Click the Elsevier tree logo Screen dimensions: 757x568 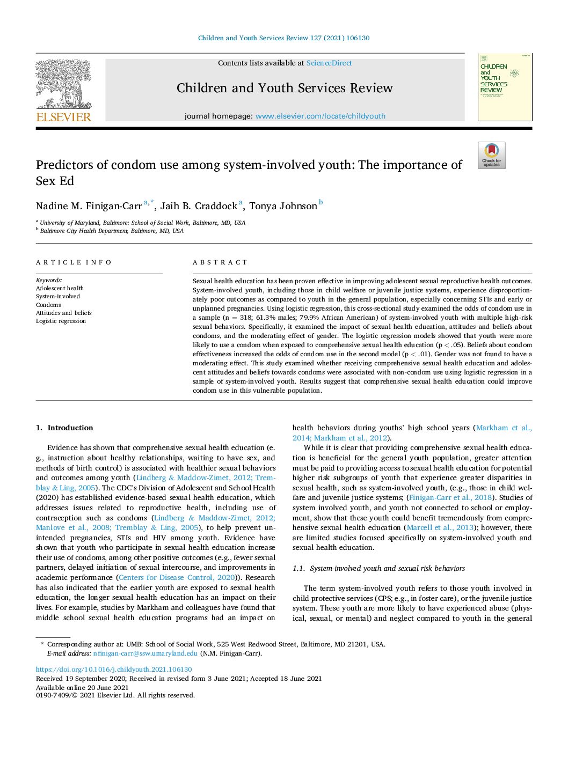(x=63, y=84)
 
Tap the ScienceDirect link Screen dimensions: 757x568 (x=329, y=63)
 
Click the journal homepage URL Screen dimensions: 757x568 (x=320, y=116)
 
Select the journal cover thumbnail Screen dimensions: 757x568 (x=505, y=87)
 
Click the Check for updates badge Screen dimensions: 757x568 (x=491, y=156)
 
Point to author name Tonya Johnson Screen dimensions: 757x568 (x=283, y=206)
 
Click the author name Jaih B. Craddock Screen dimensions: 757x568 (x=199, y=206)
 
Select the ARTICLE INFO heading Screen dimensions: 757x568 (x=74, y=262)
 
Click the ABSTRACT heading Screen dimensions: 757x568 (x=220, y=262)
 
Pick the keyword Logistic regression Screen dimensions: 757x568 (x=61, y=321)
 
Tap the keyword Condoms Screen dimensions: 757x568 (x=48, y=305)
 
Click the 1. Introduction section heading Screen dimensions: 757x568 (x=64, y=428)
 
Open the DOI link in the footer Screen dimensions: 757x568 (x=114, y=670)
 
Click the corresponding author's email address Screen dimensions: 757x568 (x=145, y=653)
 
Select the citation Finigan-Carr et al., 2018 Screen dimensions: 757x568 (x=450, y=497)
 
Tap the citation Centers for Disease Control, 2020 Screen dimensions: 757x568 (x=177, y=577)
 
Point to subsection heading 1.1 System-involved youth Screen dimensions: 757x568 (x=378, y=568)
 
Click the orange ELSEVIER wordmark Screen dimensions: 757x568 (x=63, y=117)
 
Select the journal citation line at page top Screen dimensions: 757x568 (x=283, y=38)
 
